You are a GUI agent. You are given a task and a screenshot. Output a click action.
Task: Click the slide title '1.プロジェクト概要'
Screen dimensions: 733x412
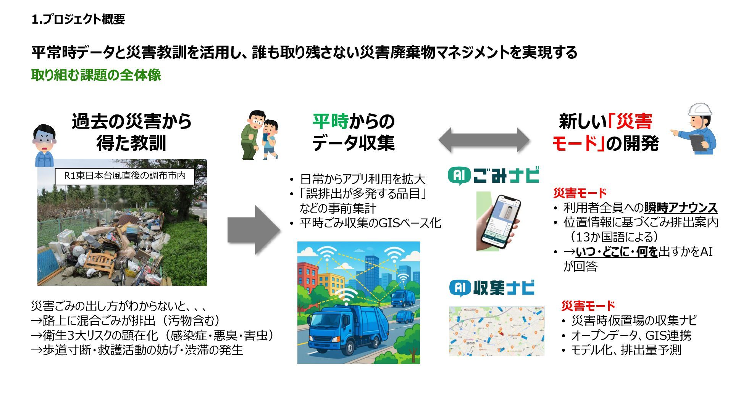tap(78, 19)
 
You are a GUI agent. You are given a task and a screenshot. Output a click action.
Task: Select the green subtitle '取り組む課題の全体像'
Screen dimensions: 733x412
tap(96, 75)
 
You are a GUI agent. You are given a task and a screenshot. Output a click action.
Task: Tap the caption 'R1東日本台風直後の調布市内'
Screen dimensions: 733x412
tap(125, 176)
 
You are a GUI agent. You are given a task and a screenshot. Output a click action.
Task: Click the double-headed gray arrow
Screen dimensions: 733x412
tap(484, 140)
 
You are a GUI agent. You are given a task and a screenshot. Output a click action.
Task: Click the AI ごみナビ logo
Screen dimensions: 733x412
tap(493, 176)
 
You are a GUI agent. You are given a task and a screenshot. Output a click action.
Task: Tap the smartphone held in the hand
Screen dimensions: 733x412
tap(501, 221)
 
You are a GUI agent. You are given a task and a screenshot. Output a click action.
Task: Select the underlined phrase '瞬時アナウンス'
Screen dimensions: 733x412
tap(681, 208)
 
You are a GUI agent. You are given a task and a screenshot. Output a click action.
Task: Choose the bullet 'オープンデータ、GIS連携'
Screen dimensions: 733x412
tap(631, 335)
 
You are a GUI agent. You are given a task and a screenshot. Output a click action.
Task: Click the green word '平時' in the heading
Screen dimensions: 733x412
tap(330, 122)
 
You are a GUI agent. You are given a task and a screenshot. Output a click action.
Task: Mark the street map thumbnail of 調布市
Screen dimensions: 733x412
tap(497, 331)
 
